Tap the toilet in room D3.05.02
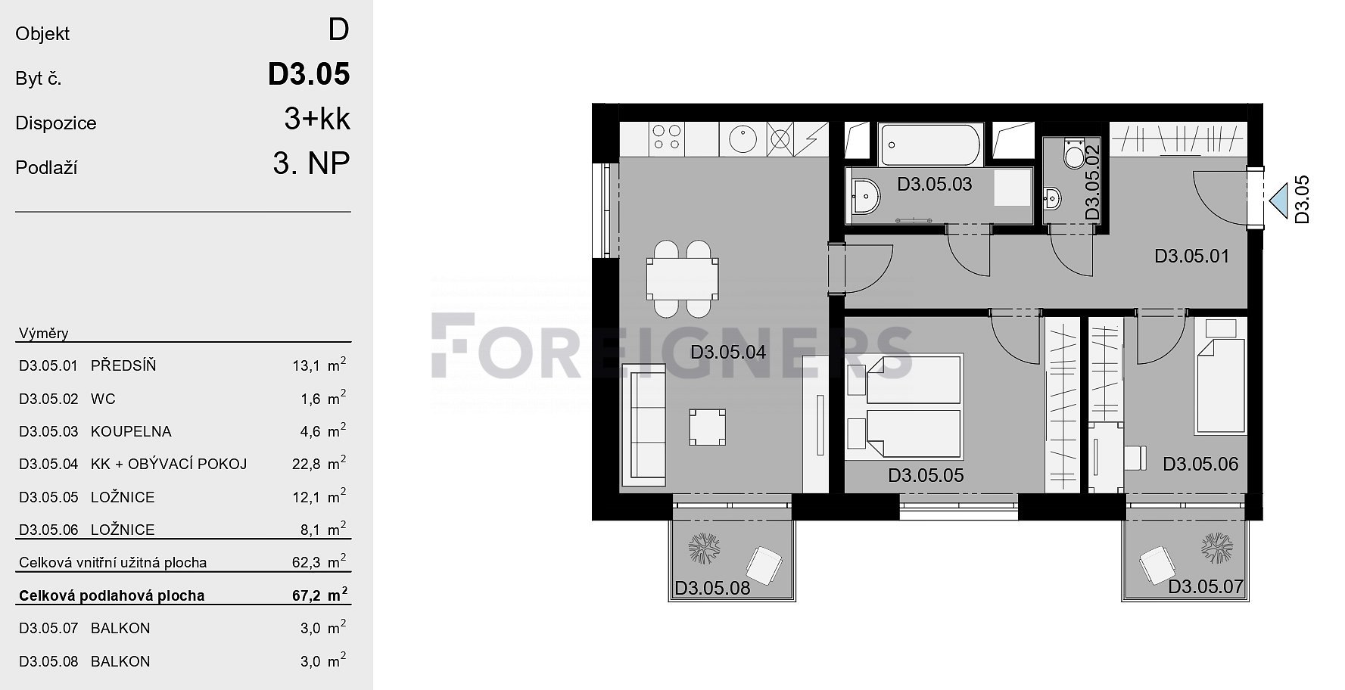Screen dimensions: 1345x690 click(x=1073, y=153)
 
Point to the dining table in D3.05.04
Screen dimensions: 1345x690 click(x=682, y=278)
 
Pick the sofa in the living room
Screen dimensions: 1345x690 click(x=644, y=425)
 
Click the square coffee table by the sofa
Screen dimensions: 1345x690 click(x=707, y=427)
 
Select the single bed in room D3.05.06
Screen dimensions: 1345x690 click(x=1220, y=386)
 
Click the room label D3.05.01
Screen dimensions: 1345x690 click(x=1192, y=256)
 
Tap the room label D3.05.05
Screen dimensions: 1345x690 click(x=926, y=476)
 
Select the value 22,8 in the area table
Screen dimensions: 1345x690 click(x=307, y=465)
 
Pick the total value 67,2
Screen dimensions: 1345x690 click(x=307, y=596)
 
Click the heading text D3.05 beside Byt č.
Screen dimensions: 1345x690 click(x=309, y=74)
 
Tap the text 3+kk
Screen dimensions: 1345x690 click(x=317, y=119)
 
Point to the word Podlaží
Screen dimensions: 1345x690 click(x=46, y=168)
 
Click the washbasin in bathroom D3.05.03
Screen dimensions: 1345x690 click(x=865, y=197)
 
